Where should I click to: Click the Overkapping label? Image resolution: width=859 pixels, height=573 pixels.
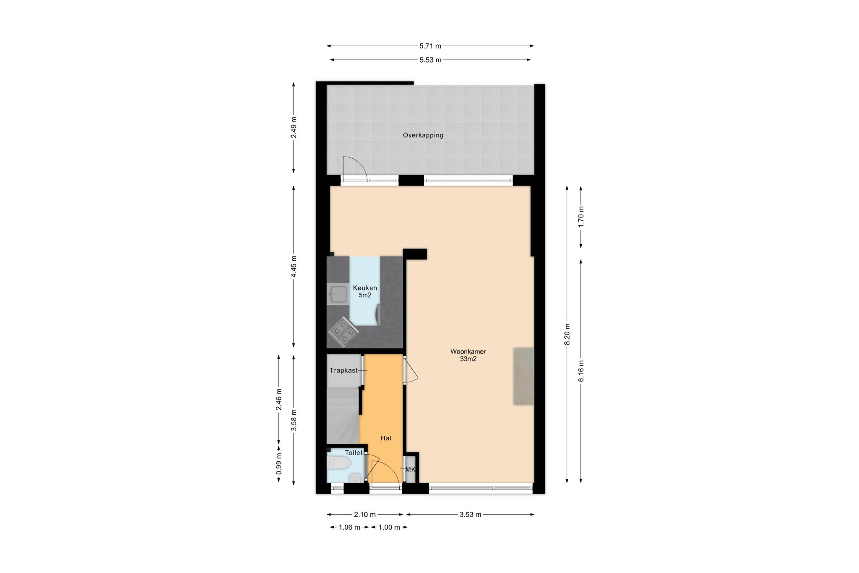click(x=423, y=135)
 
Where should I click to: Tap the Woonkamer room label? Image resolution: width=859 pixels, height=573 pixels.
click(x=468, y=351)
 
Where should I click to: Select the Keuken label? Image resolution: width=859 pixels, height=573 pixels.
click(x=365, y=288)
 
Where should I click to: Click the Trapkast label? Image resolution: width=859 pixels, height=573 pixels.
click(x=344, y=370)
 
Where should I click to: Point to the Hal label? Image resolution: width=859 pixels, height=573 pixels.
click(x=386, y=438)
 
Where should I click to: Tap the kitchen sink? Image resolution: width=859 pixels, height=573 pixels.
click(x=338, y=294)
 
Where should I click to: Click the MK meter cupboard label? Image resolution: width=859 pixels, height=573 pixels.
click(x=410, y=469)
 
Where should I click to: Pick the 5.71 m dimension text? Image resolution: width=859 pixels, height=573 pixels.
click(x=430, y=46)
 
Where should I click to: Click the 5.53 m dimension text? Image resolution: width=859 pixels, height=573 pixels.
click(x=430, y=60)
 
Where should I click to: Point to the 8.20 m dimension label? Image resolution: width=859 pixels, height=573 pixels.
click(x=567, y=334)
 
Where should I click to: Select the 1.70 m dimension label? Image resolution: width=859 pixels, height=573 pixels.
click(x=581, y=217)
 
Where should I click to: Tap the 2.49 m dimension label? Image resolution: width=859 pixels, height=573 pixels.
click(x=294, y=128)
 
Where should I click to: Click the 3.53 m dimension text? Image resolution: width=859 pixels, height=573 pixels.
click(x=470, y=515)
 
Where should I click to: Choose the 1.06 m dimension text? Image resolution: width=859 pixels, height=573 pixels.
click(x=349, y=527)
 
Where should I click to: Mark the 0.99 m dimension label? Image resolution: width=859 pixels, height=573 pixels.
click(x=279, y=464)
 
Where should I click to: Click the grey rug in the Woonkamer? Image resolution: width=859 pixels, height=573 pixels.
click(x=524, y=376)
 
